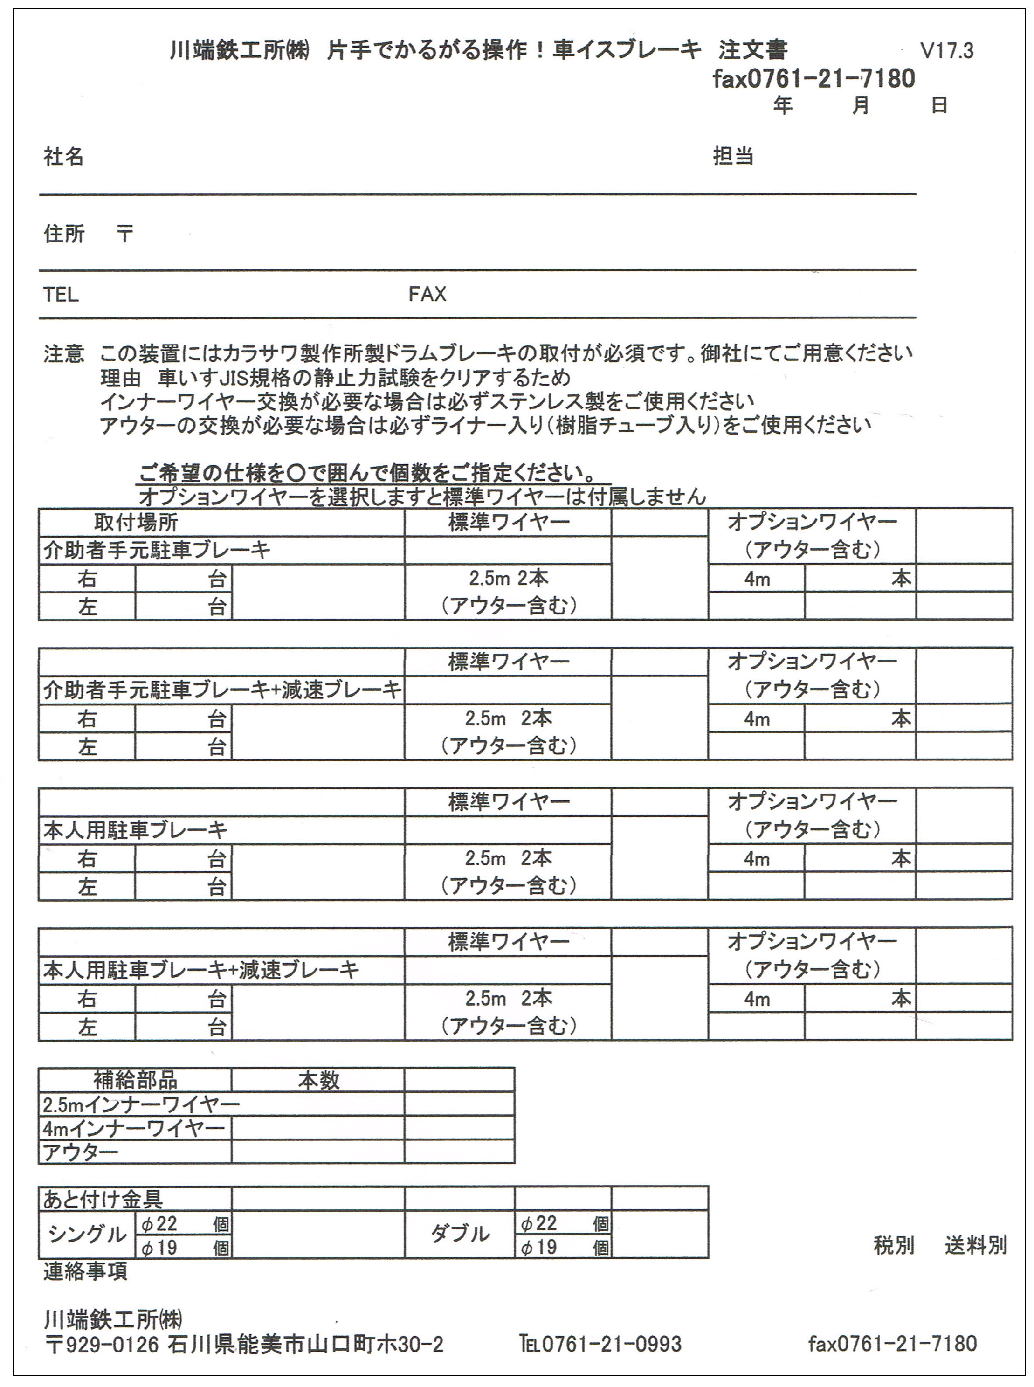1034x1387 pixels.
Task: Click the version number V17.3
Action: (946, 50)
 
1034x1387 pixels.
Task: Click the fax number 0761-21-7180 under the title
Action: (813, 79)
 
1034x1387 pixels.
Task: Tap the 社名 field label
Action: (63, 157)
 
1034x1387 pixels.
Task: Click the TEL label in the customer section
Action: (61, 294)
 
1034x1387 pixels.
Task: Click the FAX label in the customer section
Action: (427, 294)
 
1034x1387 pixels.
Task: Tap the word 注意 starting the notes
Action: (63, 354)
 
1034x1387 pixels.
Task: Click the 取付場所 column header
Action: (136, 522)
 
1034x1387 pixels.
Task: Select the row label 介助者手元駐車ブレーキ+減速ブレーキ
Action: (221, 690)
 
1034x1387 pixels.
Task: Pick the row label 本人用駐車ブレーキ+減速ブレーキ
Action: (200, 970)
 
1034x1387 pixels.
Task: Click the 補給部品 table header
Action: (135, 1080)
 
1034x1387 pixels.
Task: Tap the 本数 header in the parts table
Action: (318, 1080)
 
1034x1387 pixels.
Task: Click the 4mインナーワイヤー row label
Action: (133, 1129)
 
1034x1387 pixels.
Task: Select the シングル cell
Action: (87, 1234)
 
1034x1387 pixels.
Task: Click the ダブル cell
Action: (460, 1234)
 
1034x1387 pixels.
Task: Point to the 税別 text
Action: (893, 1246)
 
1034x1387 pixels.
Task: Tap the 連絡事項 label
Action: (85, 1271)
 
